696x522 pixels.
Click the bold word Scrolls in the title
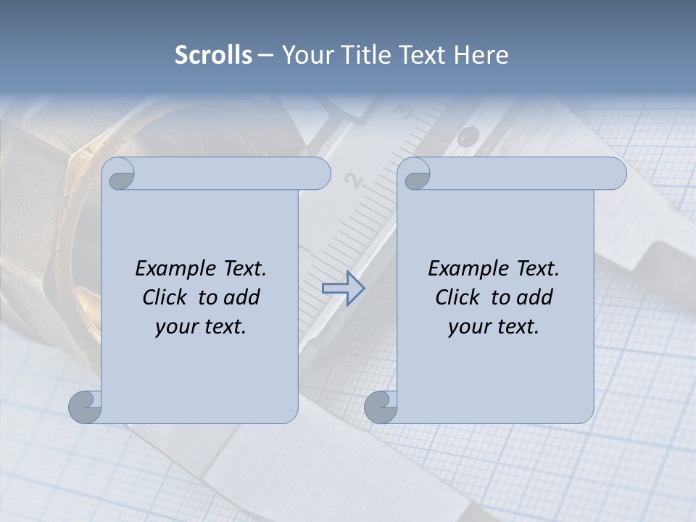pyautogui.click(x=213, y=55)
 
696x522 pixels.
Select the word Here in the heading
pyautogui.click(x=481, y=55)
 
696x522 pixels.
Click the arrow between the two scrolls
pyautogui.click(x=343, y=289)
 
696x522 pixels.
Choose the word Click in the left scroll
pyautogui.click(x=164, y=297)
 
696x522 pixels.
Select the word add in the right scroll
pyautogui.click(x=535, y=297)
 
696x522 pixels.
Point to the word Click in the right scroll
pyautogui.click(x=457, y=297)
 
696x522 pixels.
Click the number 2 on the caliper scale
pyautogui.click(x=354, y=180)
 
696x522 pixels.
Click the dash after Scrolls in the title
pyautogui.click(x=265, y=55)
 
